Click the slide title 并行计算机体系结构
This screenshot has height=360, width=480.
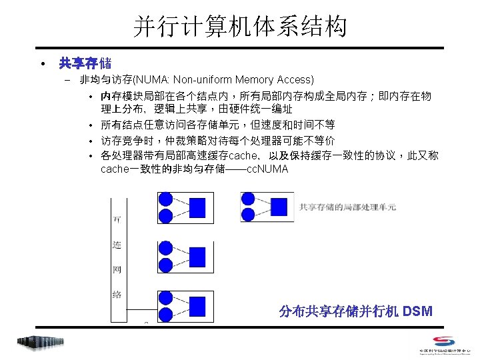pyautogui.click(x=240, y=27)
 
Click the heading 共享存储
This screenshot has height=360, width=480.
pyautogui.click(x=85, y=63)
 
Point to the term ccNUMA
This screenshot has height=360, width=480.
pyautogui.click(x=267, y=169)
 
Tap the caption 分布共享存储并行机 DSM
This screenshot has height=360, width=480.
pyautogui.click(x=356, y=311)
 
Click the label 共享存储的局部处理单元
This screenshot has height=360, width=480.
pyautogui.click(x=347, y=207)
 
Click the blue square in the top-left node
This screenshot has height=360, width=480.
pyautogui.click(x=197, y=208)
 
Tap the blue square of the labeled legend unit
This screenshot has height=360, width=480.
pyautogui.click(x=279, y=207)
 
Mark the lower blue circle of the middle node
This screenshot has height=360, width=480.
pyautogui.click(x=165, y=264)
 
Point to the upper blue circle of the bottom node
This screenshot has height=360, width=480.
pyautogui.click(x=165, y=297)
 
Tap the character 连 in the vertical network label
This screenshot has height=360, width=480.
pyautogui.click(x=117, y=245)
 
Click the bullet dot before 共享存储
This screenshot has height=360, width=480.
pyautogui.click(x=42, y=64)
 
